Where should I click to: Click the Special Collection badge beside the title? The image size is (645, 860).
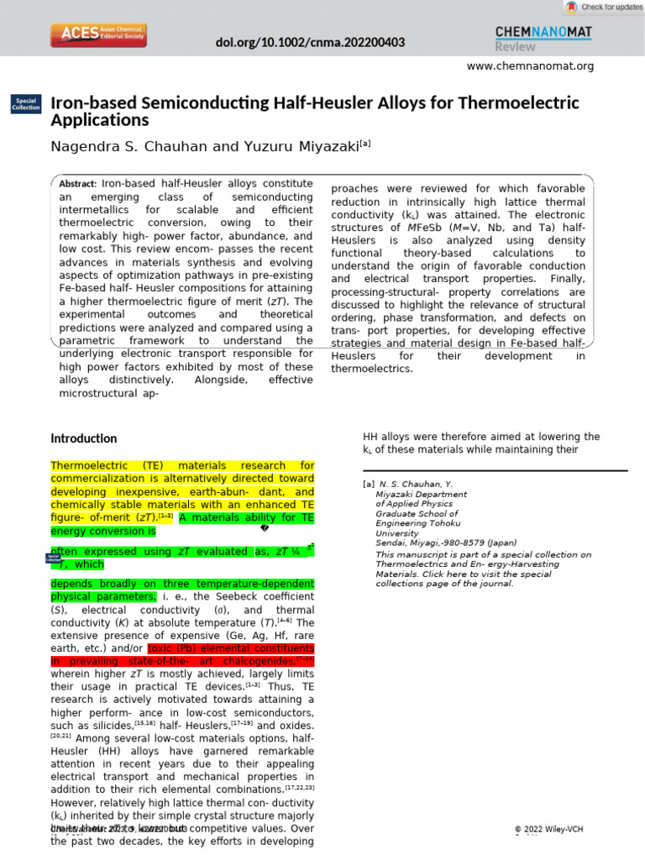point(24,104)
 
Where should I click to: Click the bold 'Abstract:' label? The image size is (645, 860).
point(78,184)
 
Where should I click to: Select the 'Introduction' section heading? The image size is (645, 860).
point(84,438)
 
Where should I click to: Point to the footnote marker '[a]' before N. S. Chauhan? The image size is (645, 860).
point(368,485)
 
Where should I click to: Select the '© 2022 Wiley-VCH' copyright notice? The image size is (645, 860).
point(548,830)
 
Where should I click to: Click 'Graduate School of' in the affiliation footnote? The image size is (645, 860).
point(417,514)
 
